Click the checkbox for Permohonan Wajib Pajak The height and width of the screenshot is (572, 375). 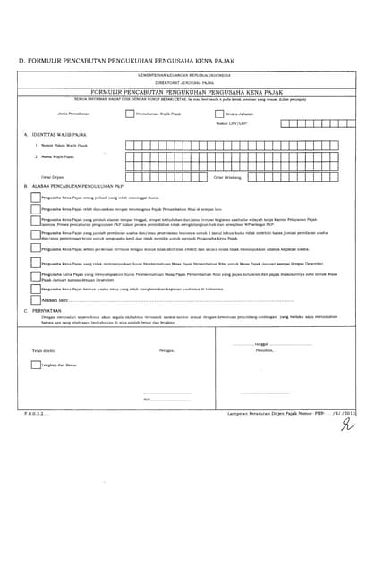coord(130,114)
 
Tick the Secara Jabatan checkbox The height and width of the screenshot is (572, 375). coord(220,114)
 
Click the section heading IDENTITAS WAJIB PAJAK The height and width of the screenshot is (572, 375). coord(62,134)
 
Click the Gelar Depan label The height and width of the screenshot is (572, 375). coord(50,177)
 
